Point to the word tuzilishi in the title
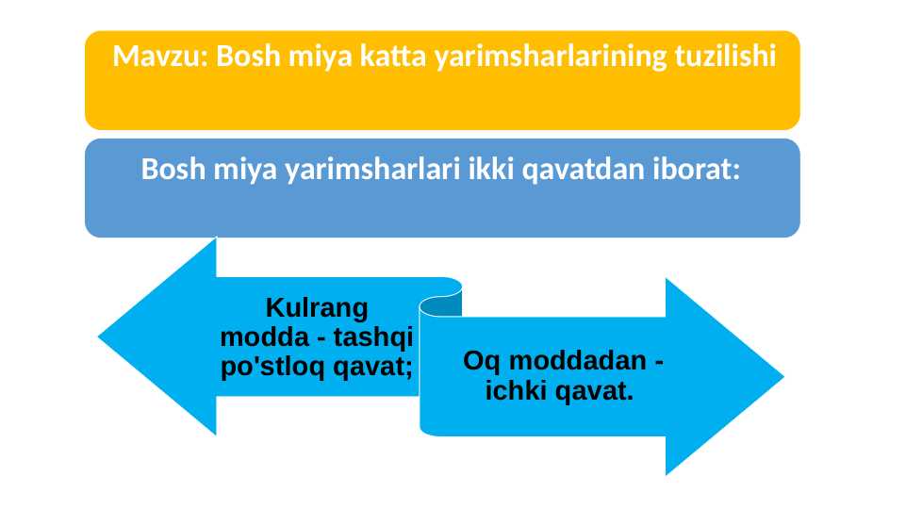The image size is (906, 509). (726, 57)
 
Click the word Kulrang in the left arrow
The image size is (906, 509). (316, 307)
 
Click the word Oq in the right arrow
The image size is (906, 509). (484, 361)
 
